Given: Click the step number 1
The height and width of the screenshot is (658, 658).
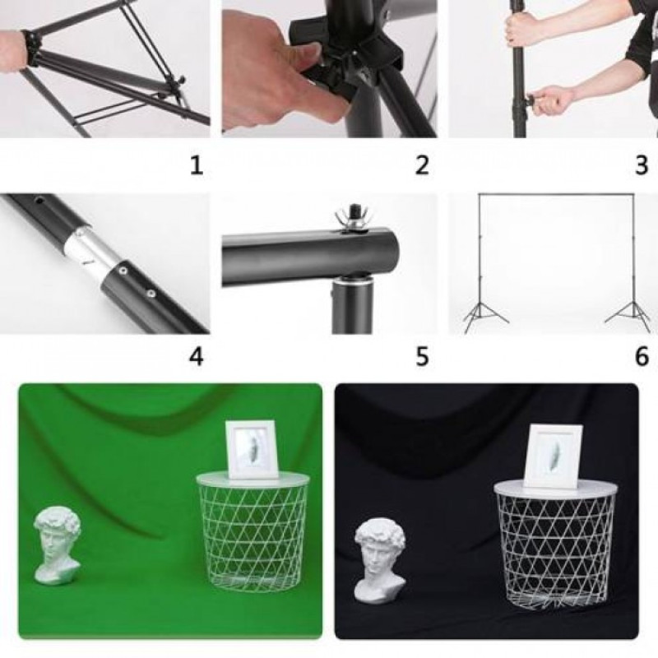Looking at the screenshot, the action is (x=197, y=165).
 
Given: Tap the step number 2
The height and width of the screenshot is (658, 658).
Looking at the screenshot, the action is (x=422, y=165).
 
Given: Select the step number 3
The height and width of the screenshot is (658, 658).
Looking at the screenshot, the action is (x=642, y=165).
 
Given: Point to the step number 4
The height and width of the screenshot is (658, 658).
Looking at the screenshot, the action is (x=197, y=356).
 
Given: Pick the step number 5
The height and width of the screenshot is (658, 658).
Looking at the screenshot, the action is (x=422, y=356).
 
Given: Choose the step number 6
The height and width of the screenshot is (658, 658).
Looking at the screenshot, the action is (x=642, y=356).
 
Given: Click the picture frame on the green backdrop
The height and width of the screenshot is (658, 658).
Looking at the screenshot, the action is (x=252, y=449).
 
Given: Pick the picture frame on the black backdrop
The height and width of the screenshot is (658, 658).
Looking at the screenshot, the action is (x=554, y=456).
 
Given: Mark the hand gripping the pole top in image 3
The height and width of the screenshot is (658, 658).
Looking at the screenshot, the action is (x=521, y=26).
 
